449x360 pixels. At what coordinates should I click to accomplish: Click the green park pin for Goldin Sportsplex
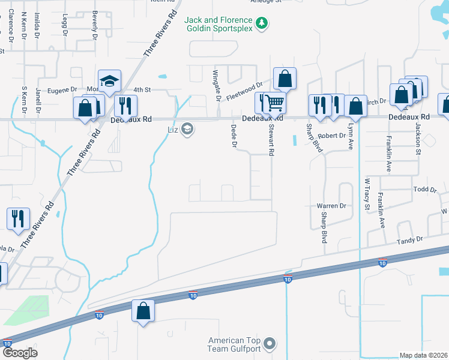tap(261, 23)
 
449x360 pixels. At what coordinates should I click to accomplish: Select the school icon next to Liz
tap(187, 129)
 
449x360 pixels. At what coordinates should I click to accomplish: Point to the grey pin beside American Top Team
tap(270, 344)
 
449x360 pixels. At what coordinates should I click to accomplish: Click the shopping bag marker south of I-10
tap(143, 311)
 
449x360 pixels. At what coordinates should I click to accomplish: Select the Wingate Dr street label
tap(217, 86)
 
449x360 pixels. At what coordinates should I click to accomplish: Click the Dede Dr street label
tap(234, 136)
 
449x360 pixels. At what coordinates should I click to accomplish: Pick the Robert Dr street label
tap(332, 136)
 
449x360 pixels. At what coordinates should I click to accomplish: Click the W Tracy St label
tap(366, 194)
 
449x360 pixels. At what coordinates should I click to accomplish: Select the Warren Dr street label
tap(332, 206)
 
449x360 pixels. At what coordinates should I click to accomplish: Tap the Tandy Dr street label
tap(409, 241)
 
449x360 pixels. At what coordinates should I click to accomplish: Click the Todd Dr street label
tap(425, 190)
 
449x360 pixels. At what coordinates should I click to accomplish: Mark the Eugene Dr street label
tap(62, 90)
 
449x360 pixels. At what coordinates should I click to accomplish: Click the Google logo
tap(20, 353)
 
